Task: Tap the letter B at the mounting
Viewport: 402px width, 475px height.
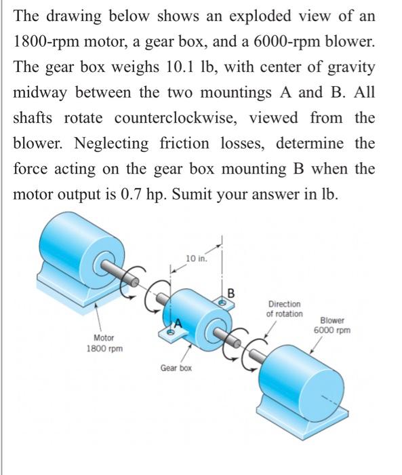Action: pos(230,294)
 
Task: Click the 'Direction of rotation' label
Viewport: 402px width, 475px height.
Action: pos(284,309)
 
